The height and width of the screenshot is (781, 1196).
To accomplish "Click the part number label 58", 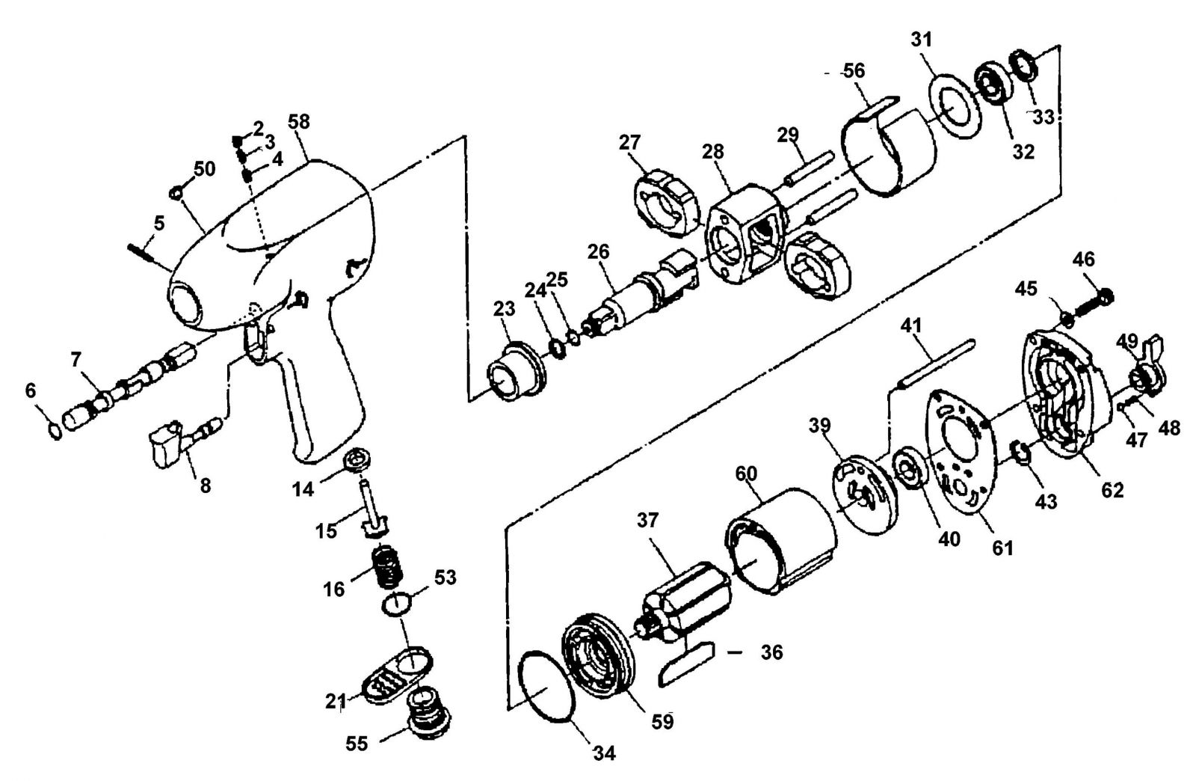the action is tap(299, 123).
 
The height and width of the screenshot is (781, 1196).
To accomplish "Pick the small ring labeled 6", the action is tap(55, 430).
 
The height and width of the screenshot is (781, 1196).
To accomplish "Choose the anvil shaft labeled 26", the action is tap(640, 294).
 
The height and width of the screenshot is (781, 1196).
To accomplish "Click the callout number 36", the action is tap(771, 652).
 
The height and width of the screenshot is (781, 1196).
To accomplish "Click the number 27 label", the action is tap(629, 143).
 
